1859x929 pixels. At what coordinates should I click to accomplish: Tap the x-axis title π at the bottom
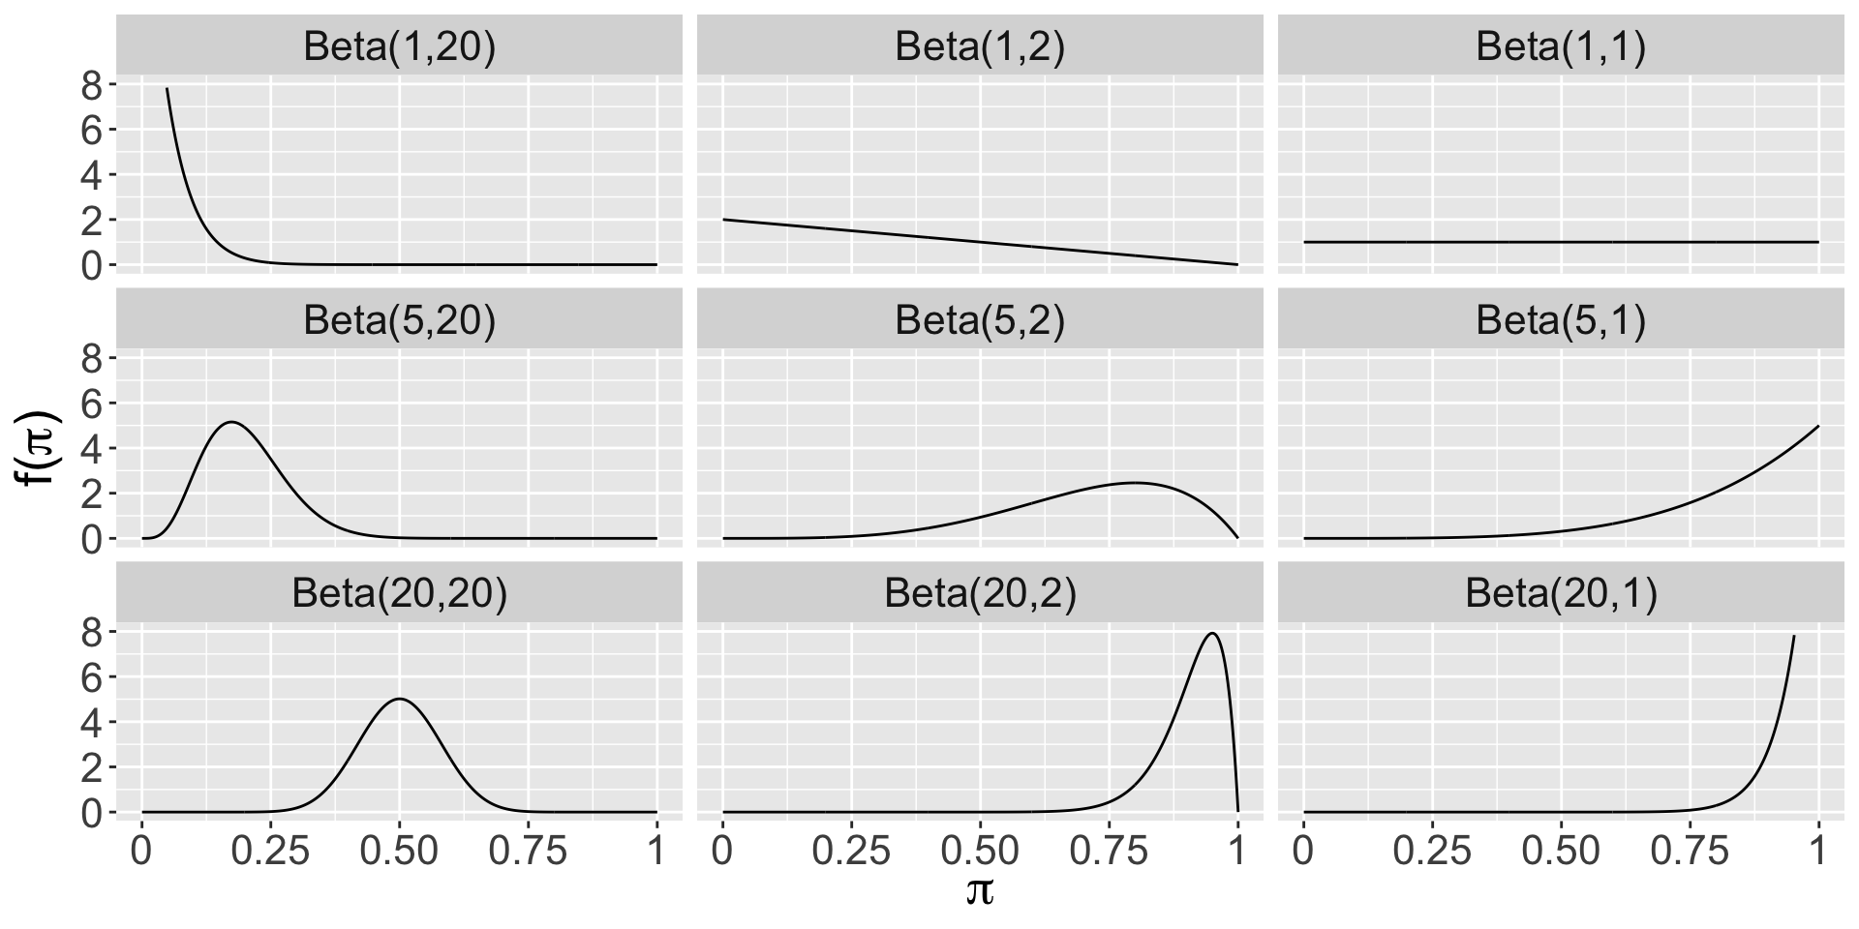(x=979, y=891)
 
